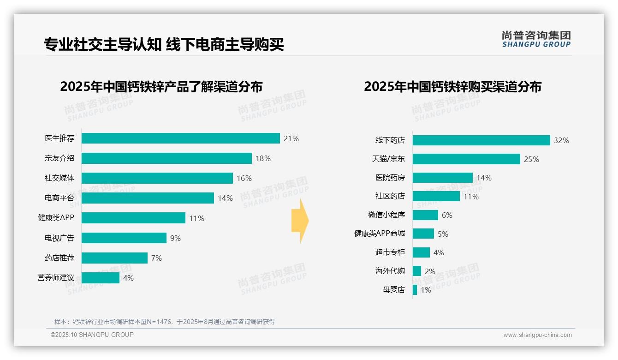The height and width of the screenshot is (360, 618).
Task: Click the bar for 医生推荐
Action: tap(181, 138)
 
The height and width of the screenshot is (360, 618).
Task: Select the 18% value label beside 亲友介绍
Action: tap(263, 158)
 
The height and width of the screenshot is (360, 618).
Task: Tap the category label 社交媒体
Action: tap(59, 178)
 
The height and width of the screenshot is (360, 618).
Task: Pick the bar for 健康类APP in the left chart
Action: tap(134, 218)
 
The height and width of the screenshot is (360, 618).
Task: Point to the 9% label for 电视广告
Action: tap(175, 238)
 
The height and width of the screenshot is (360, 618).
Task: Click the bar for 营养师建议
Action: tap(101, 278)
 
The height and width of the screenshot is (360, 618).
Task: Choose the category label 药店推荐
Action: tap(59, 258)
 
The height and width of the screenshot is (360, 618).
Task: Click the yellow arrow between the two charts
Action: tap(300, 221)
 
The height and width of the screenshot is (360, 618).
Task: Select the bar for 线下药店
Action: tap(481, 140)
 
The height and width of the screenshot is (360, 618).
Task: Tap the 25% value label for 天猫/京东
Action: tap(531, 159)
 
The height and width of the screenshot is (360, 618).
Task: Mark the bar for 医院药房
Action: tap(442, 178)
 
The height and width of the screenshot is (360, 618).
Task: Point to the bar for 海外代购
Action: tap(417, 271)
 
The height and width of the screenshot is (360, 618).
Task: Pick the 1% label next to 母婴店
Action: tap(426, 290)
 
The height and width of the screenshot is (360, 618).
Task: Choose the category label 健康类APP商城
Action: tap(380, 234)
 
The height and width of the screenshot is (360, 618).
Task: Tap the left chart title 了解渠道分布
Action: tap(161, 87)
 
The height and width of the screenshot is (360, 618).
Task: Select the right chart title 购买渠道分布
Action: tap(452, 87)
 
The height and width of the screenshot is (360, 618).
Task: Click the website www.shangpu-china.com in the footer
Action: tap(537, 335)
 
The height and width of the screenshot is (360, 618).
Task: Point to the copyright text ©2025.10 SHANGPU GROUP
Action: tap(92, 335)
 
